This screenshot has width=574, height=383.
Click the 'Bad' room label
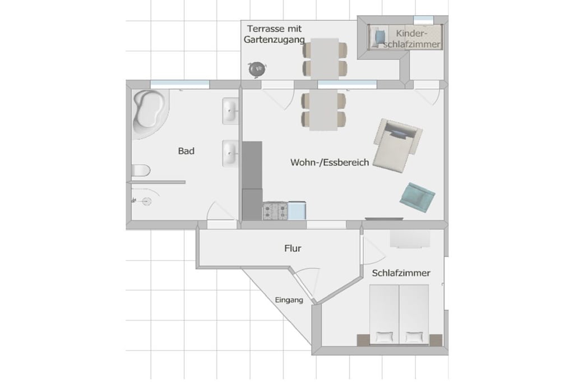point(186,151)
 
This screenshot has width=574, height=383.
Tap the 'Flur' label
point(293,248)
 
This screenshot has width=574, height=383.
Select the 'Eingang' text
point(289,300)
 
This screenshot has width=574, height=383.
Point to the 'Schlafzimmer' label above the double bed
point(401,273)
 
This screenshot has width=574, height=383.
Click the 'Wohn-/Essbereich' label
point(330,162)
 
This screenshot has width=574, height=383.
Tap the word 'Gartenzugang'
point(274,40)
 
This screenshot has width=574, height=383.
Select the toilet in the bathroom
point(141,170)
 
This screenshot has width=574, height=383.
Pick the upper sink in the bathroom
point(230,111)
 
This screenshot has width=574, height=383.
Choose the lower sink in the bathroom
point(230,154)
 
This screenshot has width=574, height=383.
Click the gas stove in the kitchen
point(275,211)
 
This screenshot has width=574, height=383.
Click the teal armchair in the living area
point(417,197)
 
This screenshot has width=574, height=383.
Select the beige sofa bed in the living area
point(397,145)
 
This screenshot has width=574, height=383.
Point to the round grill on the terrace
point(257,69)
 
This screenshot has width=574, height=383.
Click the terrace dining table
point(325,58)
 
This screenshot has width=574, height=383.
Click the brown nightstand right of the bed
point(436,340)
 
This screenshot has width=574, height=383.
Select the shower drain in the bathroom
point(147,201)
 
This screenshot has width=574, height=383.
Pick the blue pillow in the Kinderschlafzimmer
point(381,36)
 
